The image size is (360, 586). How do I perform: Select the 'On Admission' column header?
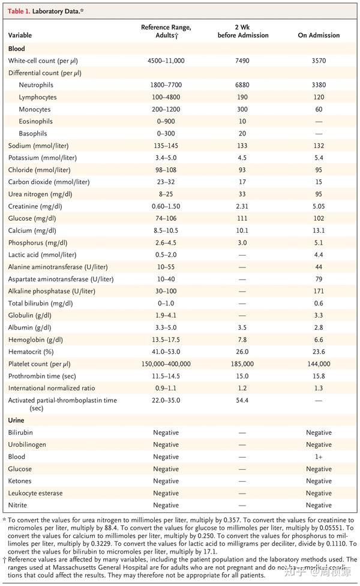319,35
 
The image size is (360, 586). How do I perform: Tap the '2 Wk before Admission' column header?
243,31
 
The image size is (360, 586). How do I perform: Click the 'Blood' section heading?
17,49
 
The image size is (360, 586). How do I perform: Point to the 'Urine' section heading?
17,420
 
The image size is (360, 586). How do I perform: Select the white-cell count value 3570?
319,61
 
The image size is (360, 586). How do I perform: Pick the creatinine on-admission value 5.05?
319,206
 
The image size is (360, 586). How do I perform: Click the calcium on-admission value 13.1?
319,230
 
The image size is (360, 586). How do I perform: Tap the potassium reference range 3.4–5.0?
166,158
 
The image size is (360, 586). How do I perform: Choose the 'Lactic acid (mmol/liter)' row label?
46,255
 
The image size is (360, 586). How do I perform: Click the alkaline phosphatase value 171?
319,291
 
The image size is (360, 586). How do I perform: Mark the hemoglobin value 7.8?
243,339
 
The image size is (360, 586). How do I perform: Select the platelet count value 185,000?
243,364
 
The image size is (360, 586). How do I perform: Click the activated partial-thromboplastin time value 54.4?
243,400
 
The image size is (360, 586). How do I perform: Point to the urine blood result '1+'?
319,457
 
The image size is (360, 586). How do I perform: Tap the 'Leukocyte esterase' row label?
37,493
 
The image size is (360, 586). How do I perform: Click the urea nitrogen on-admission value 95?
319,194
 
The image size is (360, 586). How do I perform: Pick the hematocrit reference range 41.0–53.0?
166,352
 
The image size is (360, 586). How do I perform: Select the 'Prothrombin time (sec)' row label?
43,376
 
